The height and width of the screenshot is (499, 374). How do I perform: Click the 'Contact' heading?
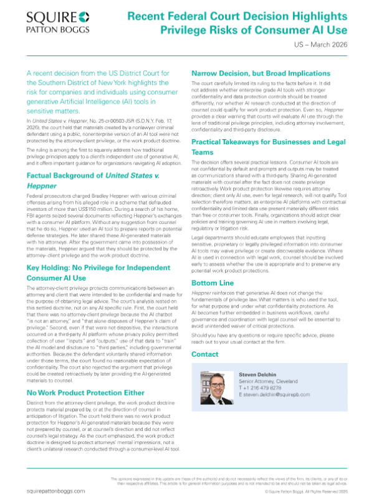[204, 354]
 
